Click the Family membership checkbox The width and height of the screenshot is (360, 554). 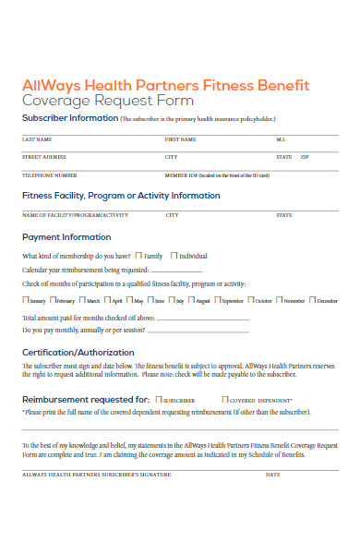[x=138, y=255]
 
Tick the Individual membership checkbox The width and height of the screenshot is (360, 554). [x=174, y=255]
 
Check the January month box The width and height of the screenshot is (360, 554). [x=25, y=300]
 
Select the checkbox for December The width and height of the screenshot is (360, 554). [x=312, y=300]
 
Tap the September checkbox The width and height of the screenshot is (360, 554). [x=217, y=300]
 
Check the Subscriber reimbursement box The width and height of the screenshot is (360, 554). [x=159, y=399]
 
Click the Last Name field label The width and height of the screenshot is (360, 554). [x=36, y=138]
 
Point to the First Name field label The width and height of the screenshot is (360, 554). [x=180, y=138]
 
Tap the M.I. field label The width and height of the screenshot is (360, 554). [x=282, y=138]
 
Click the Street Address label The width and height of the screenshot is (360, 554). [x=43, y=157]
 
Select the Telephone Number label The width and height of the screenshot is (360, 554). [x=49, y=175]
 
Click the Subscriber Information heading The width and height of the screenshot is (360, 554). [x=69, y=118]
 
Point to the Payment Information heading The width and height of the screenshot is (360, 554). [x=66, y=236]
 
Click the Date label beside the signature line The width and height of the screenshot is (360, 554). [x=272, y=475]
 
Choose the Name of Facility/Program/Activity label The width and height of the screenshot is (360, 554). [x=74, y=214]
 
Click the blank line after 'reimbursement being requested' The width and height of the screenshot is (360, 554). [x=203, y=271]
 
